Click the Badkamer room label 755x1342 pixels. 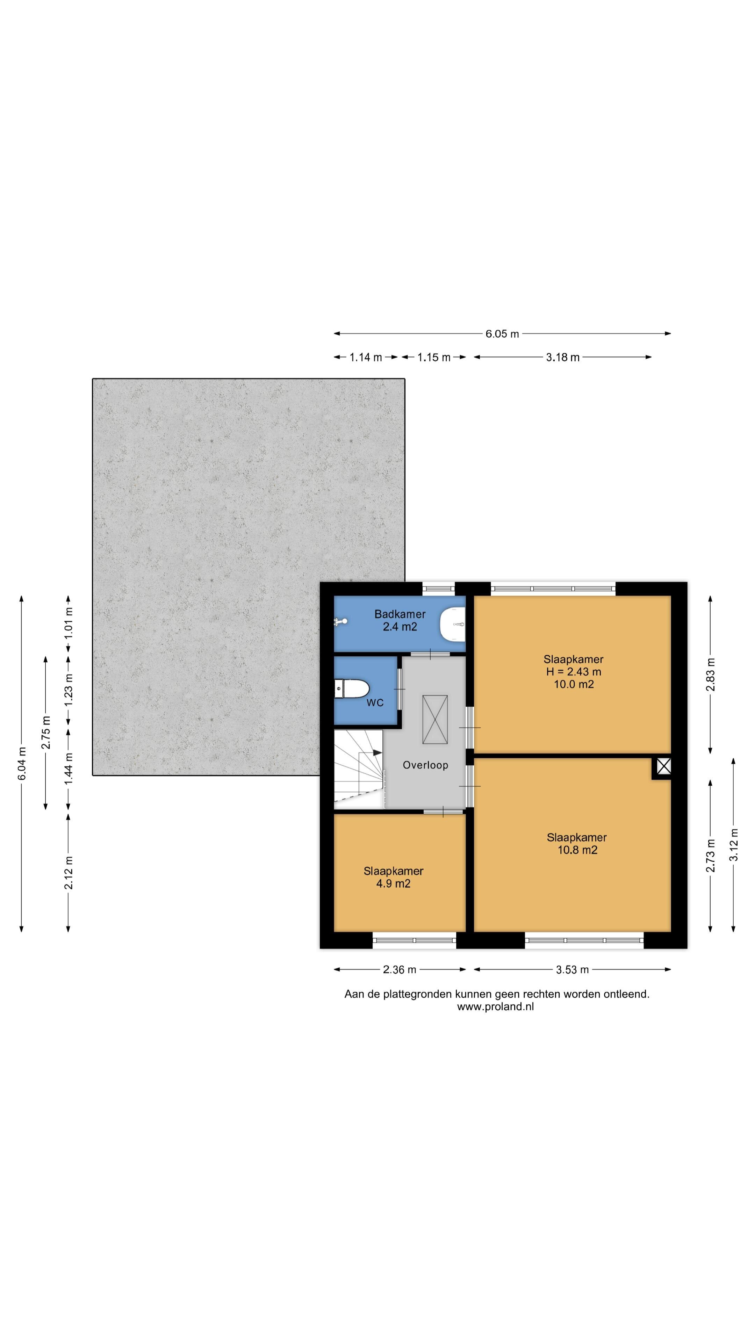point(400,614)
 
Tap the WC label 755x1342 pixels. point(375,703)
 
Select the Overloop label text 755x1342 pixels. point(425,765)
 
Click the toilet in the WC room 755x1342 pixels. point(352,689)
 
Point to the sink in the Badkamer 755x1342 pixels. point(452,623)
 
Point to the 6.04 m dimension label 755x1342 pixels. point(22,764)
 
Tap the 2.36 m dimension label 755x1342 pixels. point(400,969)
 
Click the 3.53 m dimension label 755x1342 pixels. point(572,969)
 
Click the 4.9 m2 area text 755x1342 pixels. point(393,883)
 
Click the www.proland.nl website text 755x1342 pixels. point(496,1006)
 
